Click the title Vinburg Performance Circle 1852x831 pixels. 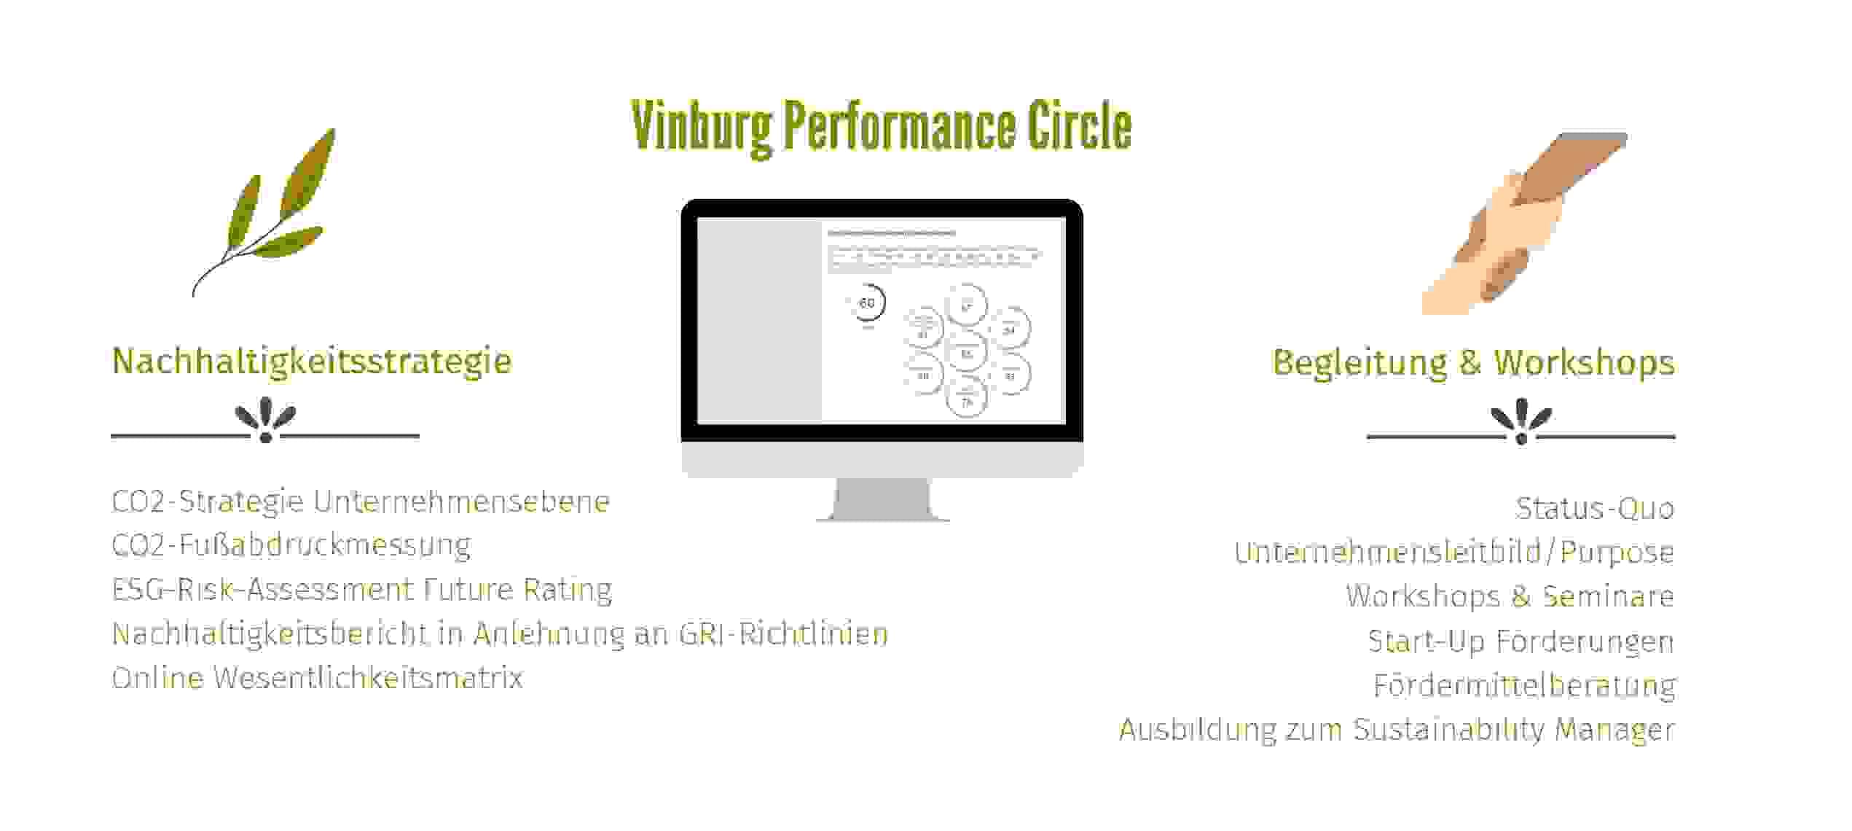pyautogui.click(x=881, y=127)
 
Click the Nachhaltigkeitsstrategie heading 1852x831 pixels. pyautogui.click(x=312, y=361)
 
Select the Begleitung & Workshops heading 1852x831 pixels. pyautogui.click(x=1472, y=362)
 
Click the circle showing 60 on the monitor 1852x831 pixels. pyautogui.click(x=867, y=303)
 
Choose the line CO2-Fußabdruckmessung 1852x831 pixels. pyautogui.click(x=291, y=545)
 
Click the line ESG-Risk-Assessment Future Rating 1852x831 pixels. pyautogui.click(x=361, y=590)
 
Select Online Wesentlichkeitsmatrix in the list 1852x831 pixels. pyautogui.click(x=318, y=678)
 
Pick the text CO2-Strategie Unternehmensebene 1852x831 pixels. pyautogui.click(x=361, y=502)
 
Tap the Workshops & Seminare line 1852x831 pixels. pyautogui.click(x=1509, y=596)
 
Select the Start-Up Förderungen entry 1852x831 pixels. pyautogui.click(x=1521, y=641)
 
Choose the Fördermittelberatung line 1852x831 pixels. pyautogui.click(x=1524, y=685)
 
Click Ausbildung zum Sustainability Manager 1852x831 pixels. pyautogui.click(x=1396, y=730)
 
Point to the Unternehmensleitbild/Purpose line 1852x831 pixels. pyautogui.click(x=1453, y=553)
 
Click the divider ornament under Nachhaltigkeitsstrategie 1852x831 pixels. pyautogui.click(x=265, y=421)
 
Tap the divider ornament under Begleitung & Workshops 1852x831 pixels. pyautogui.click(x=1521, y=422)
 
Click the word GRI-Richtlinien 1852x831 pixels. pyautogui.click(x=783, y=634)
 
